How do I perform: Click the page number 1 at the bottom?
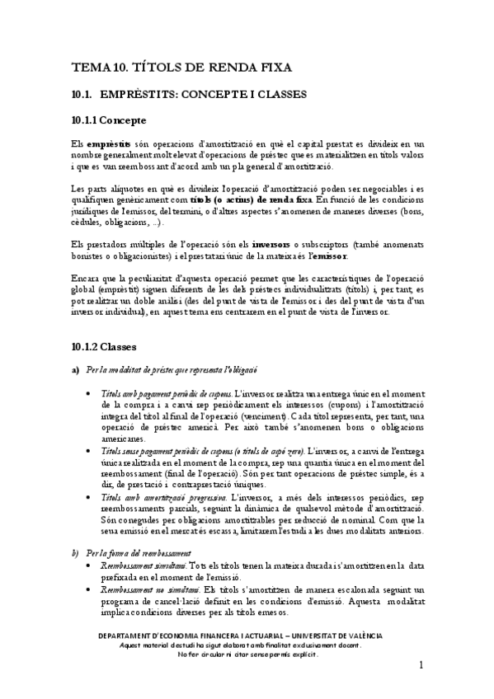pyautogui.click(x=421, y=664)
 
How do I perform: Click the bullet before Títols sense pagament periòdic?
pyautogui.click(x=89, y=452)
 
